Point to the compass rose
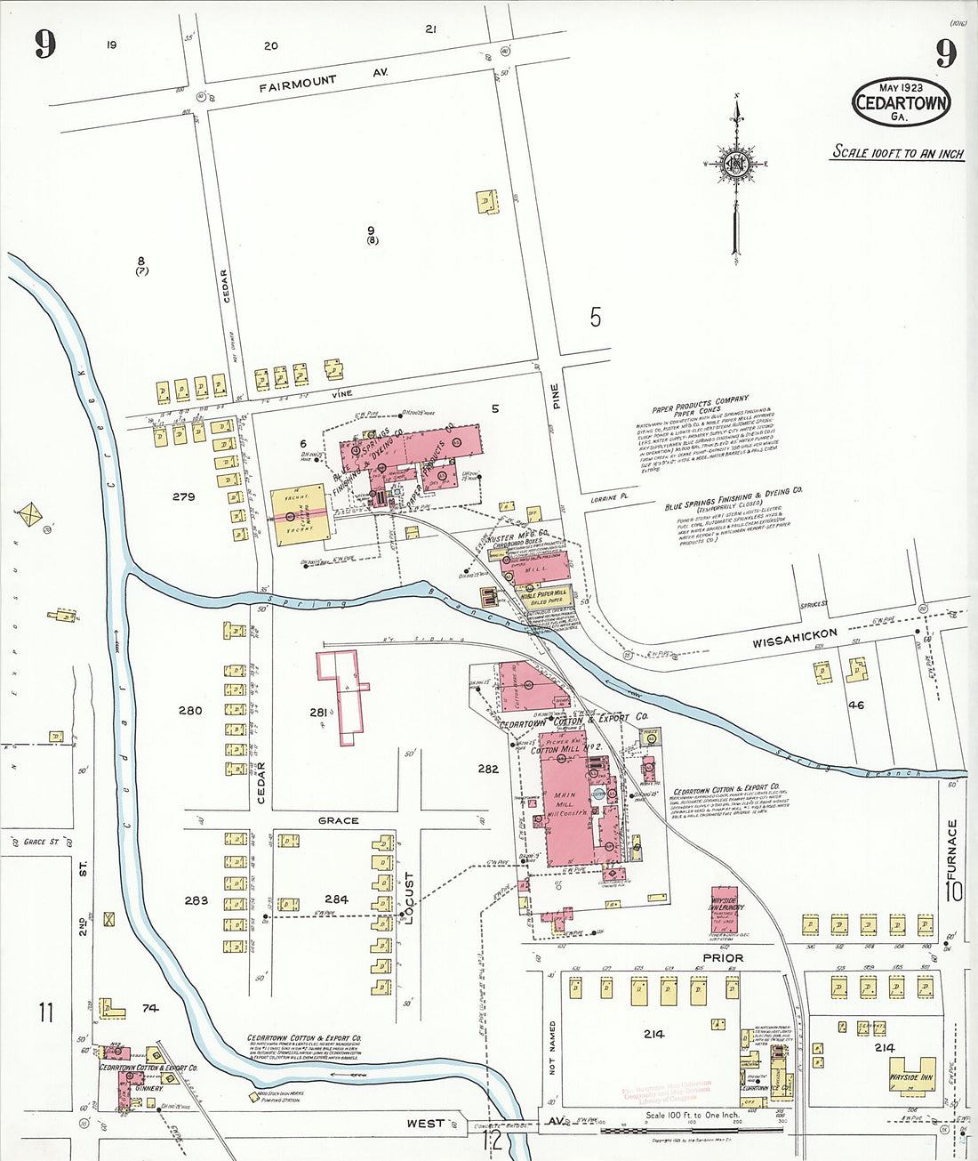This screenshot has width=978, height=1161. (736, 164)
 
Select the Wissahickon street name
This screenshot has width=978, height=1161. (794, 638)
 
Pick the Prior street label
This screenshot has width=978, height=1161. (723, 957)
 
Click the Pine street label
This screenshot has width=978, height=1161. (556, 396)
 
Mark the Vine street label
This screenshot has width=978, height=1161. (342, 393)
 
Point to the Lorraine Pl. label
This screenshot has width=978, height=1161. (609, 499)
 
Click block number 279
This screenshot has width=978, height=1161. (183, 496)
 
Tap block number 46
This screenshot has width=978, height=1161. (856, 705)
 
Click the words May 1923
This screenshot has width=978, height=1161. (900, 87)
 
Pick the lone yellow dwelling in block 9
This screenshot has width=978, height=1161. (485, 201)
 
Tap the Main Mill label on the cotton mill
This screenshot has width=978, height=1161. (565, 800)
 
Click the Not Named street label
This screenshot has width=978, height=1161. (552, 1049)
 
